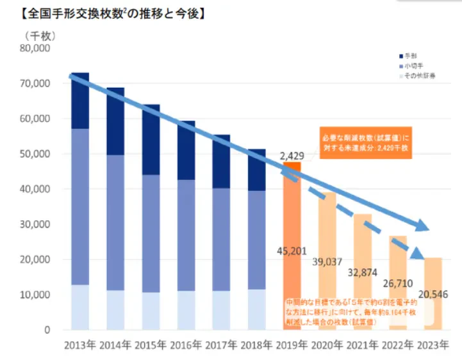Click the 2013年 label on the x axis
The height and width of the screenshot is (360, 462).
click(80, 345)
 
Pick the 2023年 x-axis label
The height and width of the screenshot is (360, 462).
click(432, 345)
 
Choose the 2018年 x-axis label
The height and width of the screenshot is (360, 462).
click(256, 345)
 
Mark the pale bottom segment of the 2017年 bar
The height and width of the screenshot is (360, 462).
click(221, 310)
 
